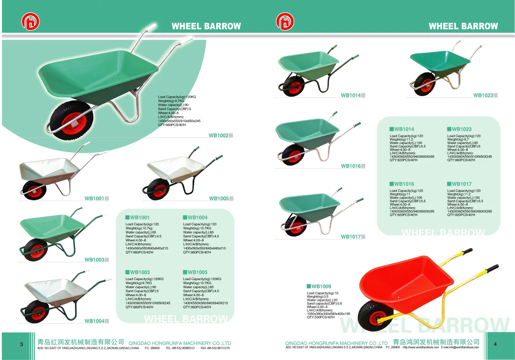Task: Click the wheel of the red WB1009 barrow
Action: coord(372,318)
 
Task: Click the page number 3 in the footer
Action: coord(22,344)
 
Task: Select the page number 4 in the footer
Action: coord(495,344)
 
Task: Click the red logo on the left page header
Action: coord(30,22)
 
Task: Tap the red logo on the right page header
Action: coord(285,22)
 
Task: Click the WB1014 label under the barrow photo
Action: coord(350,95)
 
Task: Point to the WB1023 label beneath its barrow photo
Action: coord(483,95)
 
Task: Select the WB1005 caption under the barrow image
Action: coord(219,199)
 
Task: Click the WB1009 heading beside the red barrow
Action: coord(321,287)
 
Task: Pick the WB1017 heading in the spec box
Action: coord(461,184)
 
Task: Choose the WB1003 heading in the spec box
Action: coord(139,272)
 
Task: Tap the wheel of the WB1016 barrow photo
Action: coord(293,155)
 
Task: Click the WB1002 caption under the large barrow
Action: coord(218,136)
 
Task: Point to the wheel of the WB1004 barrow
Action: coord(36,312)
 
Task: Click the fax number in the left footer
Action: coord(215,348)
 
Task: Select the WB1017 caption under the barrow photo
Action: coord(350,237)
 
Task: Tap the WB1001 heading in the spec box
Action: coord(139,218)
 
